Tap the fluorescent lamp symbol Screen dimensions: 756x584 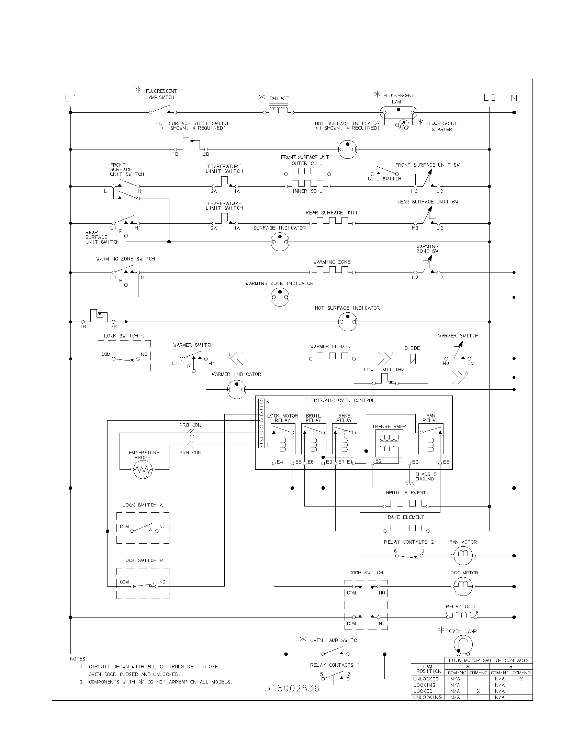pyautogui.click(x=398, y=112)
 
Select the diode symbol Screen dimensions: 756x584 pyautogui.click(x=412, y=359)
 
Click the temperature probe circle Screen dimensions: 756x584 pyautogui.click(x=143, y=469)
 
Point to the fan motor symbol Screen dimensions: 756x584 pyautogui.click(x=463, y=556)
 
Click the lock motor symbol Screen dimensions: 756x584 pyautogui.click(x=463, y=586)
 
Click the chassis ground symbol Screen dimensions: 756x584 pyautogui.click(x=409, y=483)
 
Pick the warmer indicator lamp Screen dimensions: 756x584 pyautogui.click(x=237, y=389)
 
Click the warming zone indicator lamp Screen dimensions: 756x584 pyautogui.click(x=280, y=297)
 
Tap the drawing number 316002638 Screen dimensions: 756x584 pyautogui.click(x=292, y=688)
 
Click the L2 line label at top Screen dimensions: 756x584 pyautogui.click(x=490, y=98)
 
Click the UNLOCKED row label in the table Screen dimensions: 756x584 pyautogui.click(x=426, y=679)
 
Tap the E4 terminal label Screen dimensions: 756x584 pyautogui.click(x=280, y=462)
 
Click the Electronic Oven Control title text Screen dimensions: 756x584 pyautogui.click(x=339, y=400)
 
